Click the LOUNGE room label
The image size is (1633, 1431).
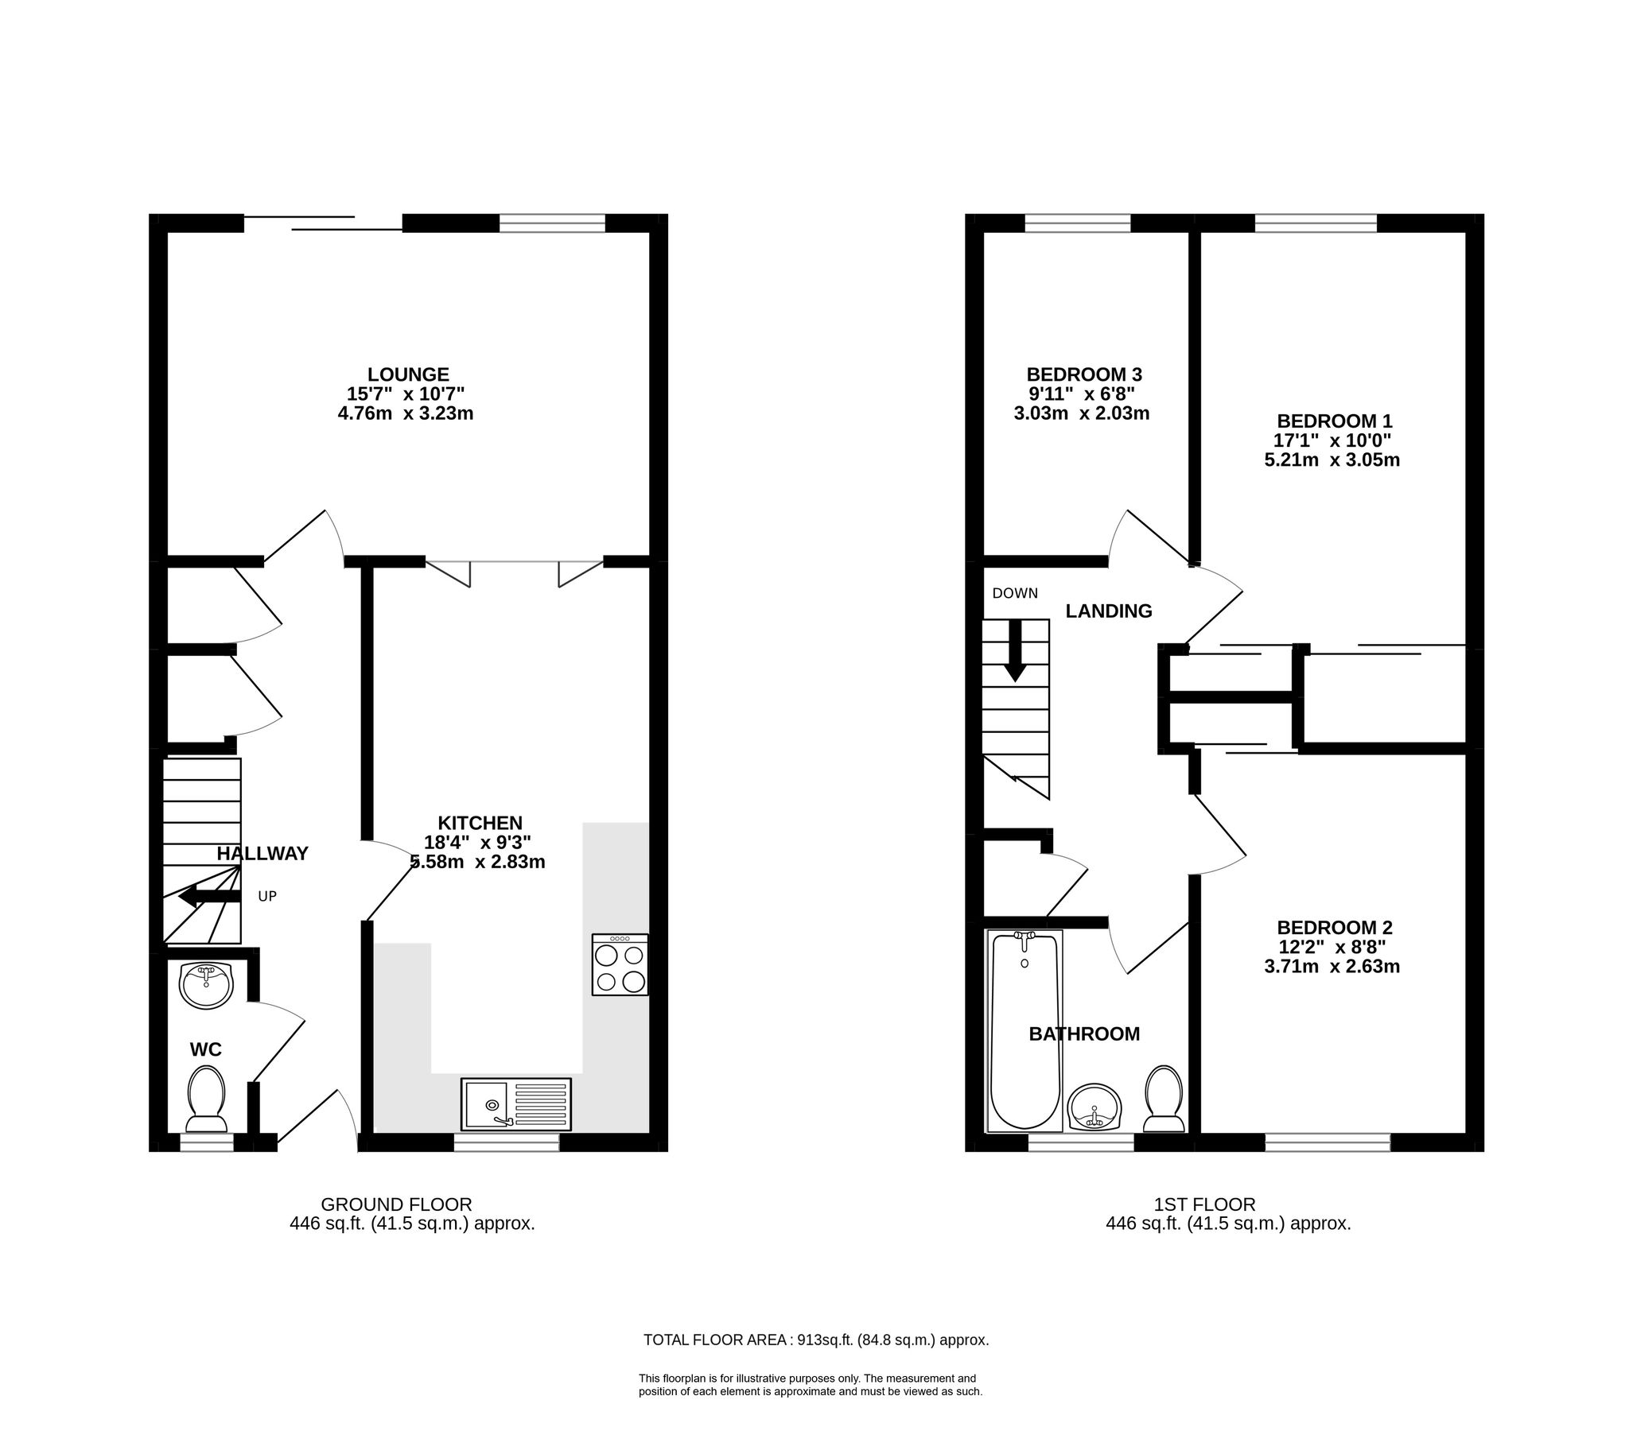click(407, 374)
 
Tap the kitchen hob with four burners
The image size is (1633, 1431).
click(619, 964)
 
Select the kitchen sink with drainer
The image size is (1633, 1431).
click(516, 1104)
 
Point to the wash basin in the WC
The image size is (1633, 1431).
click(207, 986)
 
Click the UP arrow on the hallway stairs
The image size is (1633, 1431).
click(209, 897)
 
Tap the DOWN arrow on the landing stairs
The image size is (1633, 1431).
click(1015, 651)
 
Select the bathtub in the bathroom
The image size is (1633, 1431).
click(1025, 1031)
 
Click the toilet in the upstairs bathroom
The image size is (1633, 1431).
click(1163, 1099)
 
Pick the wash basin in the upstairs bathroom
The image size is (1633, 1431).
click(1094, 1107)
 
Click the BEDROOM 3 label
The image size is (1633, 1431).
click(1083, 374)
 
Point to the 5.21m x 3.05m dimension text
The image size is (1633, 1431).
click(1332, 460)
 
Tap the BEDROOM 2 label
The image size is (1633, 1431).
click(1334, 927)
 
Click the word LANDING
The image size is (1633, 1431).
click(1109, 611)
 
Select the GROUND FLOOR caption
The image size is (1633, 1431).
click(396, 1204)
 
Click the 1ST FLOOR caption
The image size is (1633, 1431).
click(1204, 1204)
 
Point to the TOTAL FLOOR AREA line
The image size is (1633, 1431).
click(815, 1340)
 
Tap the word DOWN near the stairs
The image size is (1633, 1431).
click(1015, 593)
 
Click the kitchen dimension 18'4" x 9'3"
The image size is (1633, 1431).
click(477, 842)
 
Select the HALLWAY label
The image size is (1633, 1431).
click(262, 854)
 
